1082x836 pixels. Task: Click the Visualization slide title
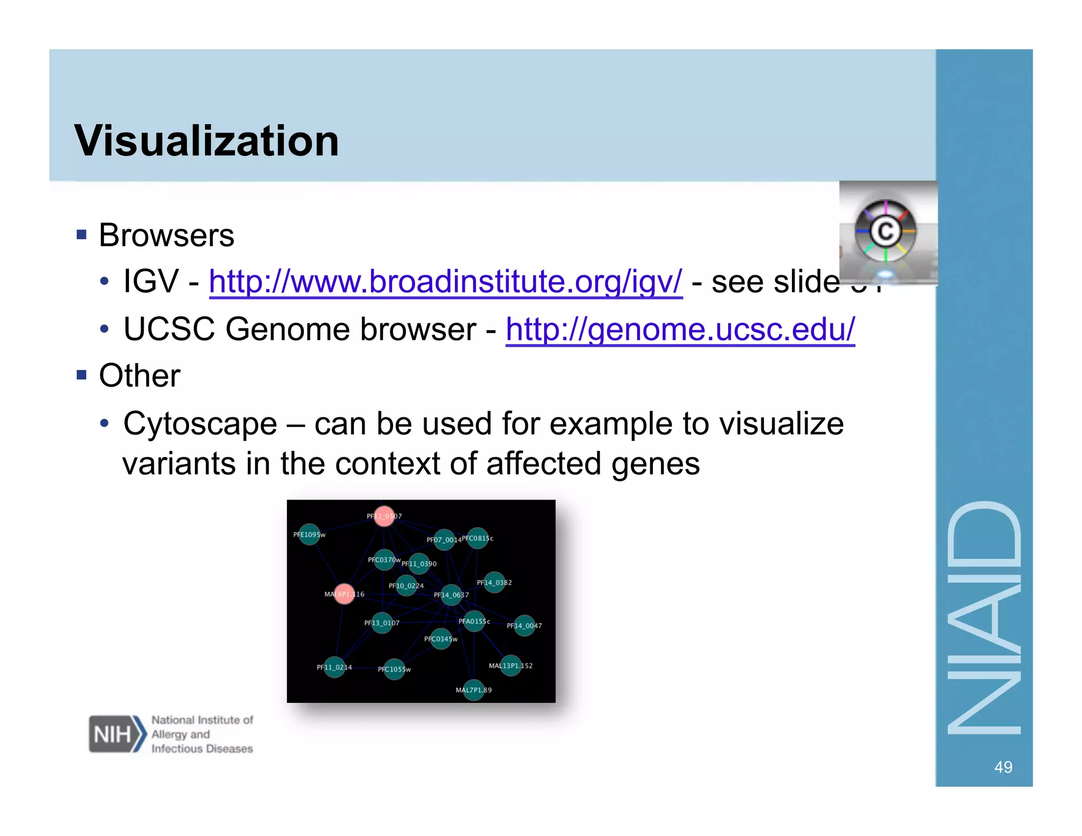click(x=206, y=141)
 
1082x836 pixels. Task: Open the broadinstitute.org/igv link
click(x=445, y=282)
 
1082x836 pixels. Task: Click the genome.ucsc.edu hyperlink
click(x=680, y=330)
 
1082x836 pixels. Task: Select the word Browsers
click(x=166, y=235)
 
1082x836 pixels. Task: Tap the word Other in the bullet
click(x=139, y=376)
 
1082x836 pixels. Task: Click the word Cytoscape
click(x=200, y=424)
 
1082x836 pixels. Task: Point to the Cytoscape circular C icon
click(x=885, y=231)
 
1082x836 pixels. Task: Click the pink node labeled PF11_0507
click(x=384, y=516)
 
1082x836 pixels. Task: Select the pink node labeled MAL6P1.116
click(x=344, y=594)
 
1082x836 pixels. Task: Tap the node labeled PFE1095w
click(x=309, y=534)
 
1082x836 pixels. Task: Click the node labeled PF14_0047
click(x=525, y=626)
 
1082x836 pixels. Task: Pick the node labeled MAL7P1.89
click(x=474, y=690)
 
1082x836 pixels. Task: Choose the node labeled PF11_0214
click(x=334, y=667)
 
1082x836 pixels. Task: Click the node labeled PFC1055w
click(x=394, y=669)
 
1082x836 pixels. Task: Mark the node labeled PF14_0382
click(x=495, y=582)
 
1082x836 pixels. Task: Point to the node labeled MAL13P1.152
click(x=510, y=665)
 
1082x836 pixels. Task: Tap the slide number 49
click(x=1003, y=767)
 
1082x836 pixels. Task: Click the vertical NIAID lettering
click(x=984, y=618)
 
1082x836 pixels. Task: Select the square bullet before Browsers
click(x=81, y=235)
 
